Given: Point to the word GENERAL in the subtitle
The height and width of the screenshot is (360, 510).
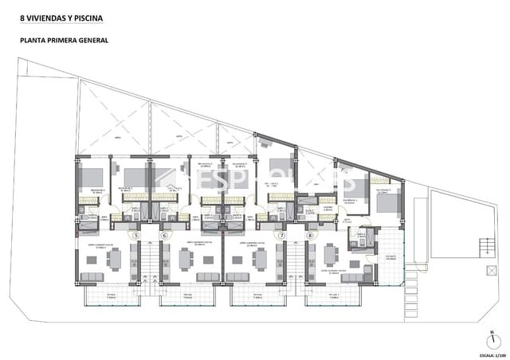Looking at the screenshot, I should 93,39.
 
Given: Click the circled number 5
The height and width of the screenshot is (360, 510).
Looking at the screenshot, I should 136,236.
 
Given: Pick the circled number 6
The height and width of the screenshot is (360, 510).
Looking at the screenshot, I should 165,236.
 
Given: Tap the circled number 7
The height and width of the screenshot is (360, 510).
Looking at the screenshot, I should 281,236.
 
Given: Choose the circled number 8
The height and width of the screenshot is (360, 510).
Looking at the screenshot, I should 310,236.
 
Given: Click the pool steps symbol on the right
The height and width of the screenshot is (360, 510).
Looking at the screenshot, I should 484,247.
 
